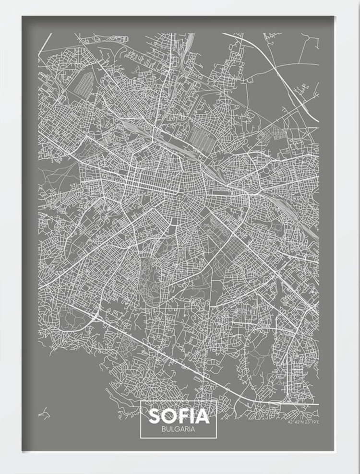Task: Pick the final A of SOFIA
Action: pyautogui.click(x=203, y=415)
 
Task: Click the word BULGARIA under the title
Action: pyautogui.click(x=179, y=429)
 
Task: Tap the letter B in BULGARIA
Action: pyautogui.click(x=164, y=429)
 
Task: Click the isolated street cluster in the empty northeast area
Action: pyautogui.click(x=301, y=88)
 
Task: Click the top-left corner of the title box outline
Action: pyautogui.click(x=141, y=401)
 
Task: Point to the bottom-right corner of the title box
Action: pyautogui.click(x=217, y=438)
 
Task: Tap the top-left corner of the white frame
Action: pyautogui.click(x=1, y=1)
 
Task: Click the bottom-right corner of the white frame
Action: pyautogui.click(x=359, y=473)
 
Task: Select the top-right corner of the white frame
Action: pyautogui.click(x=359, y=1)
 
